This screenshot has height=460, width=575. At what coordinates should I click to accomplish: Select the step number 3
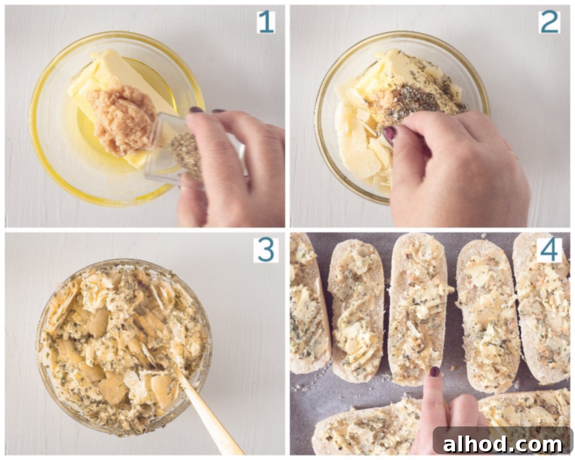point(266,250)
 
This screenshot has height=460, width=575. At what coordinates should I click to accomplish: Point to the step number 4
point(550,250)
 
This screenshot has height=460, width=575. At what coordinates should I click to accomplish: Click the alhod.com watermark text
point(503,445)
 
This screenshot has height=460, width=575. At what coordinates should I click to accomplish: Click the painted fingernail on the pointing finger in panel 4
point(435,372)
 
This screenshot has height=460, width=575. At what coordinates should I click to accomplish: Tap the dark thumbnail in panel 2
point(390,135)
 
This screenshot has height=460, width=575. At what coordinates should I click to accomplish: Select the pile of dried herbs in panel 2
point(417,102)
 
